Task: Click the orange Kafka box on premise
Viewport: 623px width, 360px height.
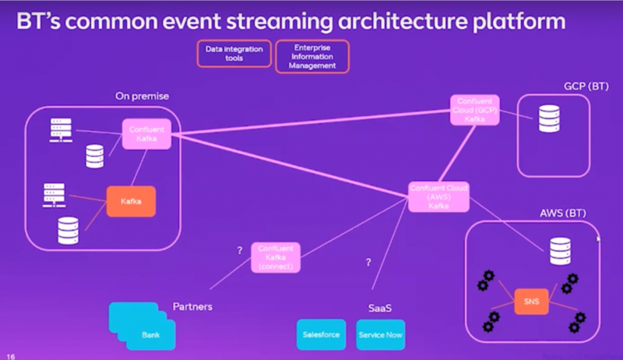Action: [x=130, y=201]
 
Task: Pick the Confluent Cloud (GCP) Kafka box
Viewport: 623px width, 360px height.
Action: [x=474, y=110]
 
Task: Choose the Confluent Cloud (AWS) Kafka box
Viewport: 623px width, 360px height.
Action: [x=440, y=196]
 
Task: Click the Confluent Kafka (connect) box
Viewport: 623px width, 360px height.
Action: [x=275, y=257]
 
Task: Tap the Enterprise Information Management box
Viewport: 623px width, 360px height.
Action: [x=311, y=56]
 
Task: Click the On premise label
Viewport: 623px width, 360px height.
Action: [x=143, y=96]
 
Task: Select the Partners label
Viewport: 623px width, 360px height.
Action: [x=192, y=306]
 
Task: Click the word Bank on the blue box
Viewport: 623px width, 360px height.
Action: [x=151, y=334]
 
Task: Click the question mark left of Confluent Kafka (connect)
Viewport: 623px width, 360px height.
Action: [x=241, y=250]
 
